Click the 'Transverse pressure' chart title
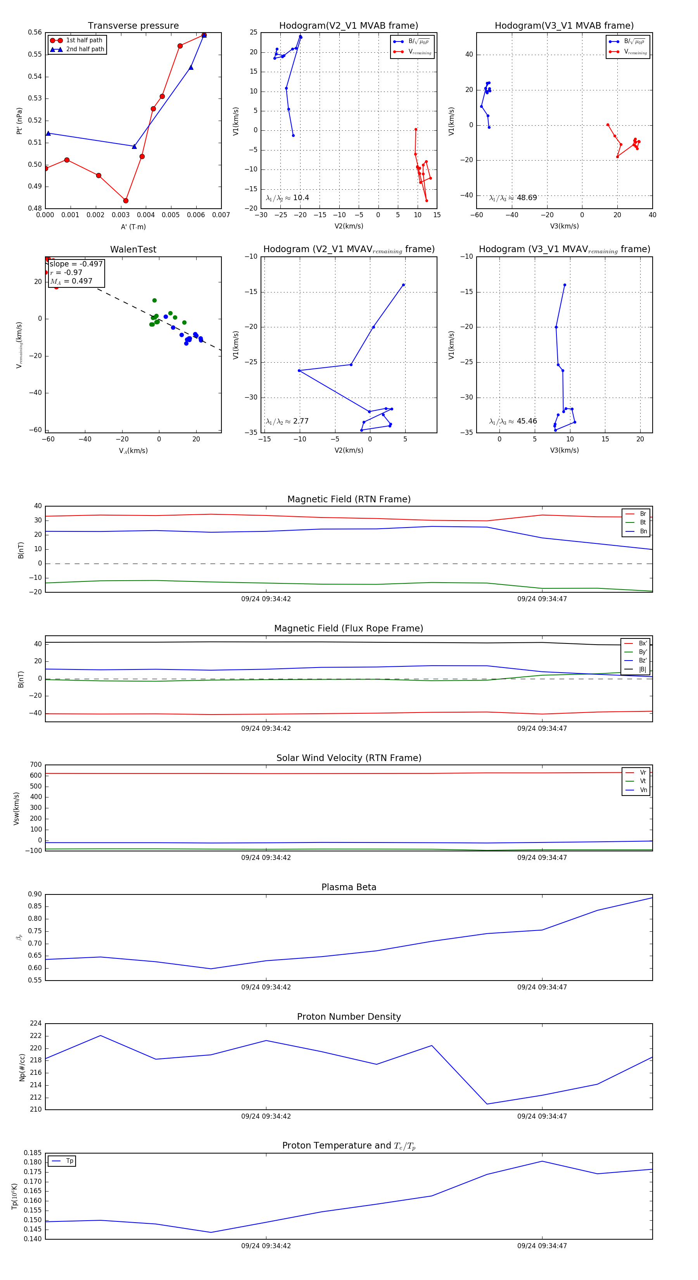(x=133, y=26)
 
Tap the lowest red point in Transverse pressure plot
(x=126, y=201)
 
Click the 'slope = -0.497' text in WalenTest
(x=76, y=264)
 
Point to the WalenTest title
(x=133, y=249)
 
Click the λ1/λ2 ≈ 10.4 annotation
(x=287, y=198)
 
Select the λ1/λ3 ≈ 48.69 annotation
(x=513, y=198)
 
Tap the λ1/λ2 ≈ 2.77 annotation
(x=287, y=421)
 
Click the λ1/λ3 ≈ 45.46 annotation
(x=513, y=421)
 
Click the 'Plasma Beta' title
(x=349, y=887)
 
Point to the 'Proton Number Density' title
(x=349, y=1017)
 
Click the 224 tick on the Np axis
(x=36, y=1024)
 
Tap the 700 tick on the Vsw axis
(x=36, y=765)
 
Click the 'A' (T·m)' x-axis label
(x=133, y=227)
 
